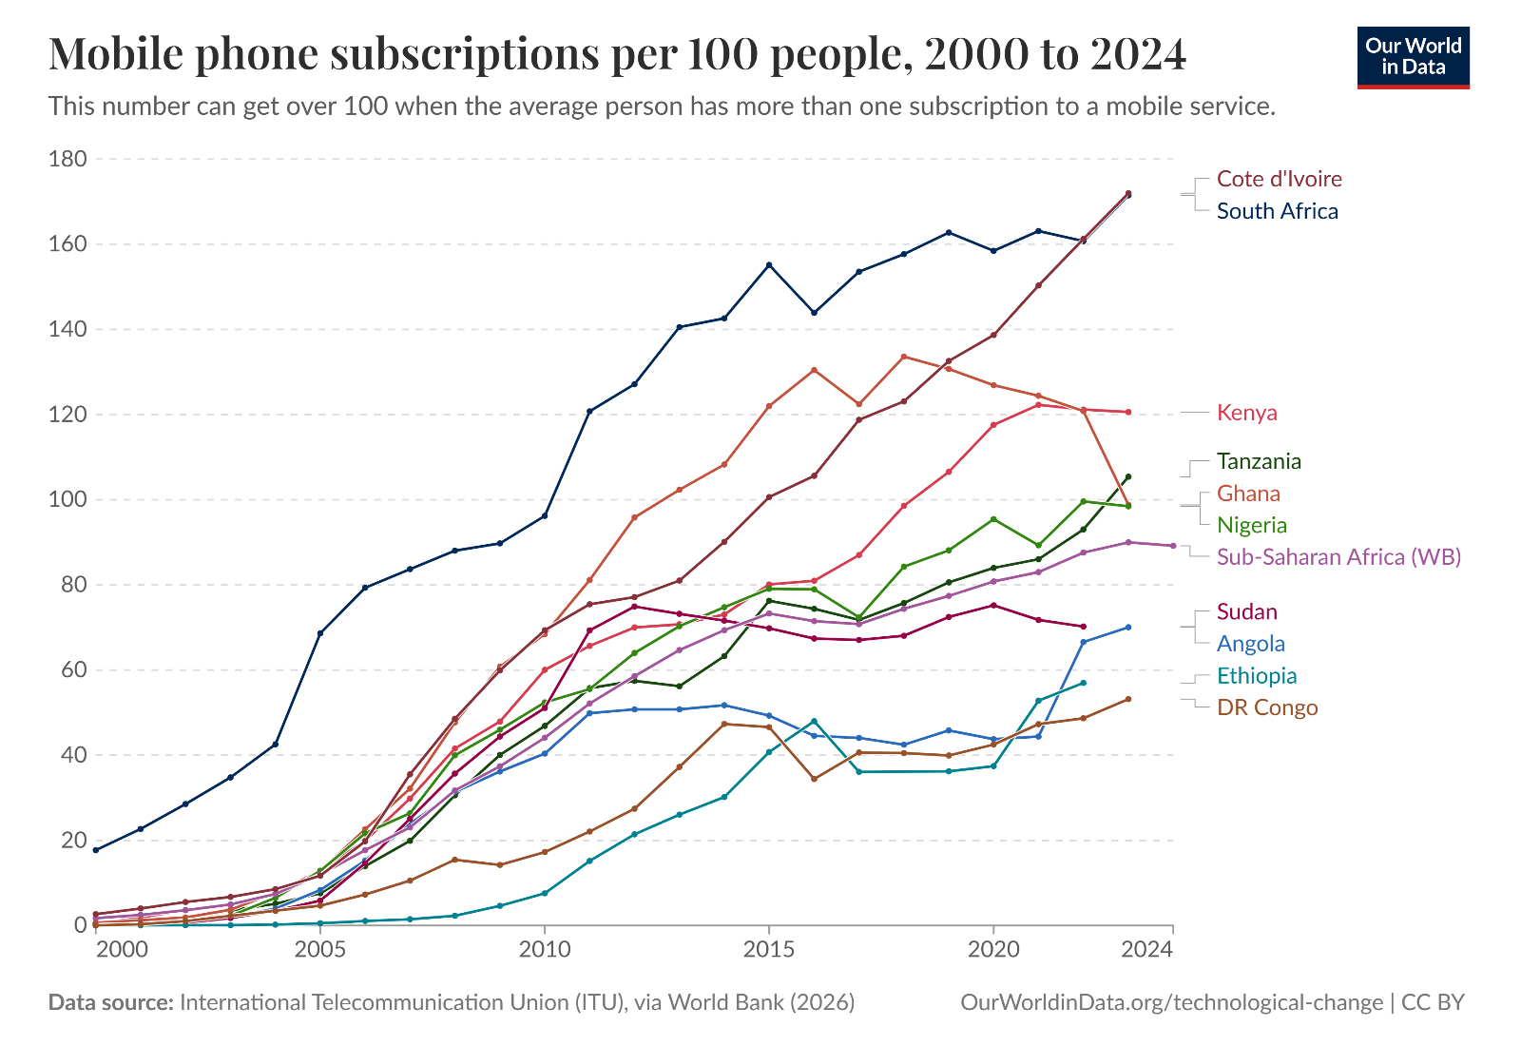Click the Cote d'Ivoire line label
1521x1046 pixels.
(1279, 179)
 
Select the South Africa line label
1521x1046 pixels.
(1277, 211)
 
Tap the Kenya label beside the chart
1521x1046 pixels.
(1246, 413)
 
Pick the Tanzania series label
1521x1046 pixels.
(1259, 461)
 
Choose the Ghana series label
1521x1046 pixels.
(1248, 494)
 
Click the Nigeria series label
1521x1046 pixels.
(1251, 525)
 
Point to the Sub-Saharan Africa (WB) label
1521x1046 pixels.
(1338, 556)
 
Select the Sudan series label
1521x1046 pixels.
(1246, 611)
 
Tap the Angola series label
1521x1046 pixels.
(1250, 644)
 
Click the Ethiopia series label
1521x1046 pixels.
(1257, 675)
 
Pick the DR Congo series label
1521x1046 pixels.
(1267, 707)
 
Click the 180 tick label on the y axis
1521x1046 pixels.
(67, 159)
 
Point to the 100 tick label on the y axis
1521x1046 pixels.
(67, 499)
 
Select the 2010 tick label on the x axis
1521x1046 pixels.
(545, 949)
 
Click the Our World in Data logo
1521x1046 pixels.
(1413, 57)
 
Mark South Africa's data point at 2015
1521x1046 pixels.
(769, 264)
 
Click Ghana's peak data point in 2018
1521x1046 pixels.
(904, 357)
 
